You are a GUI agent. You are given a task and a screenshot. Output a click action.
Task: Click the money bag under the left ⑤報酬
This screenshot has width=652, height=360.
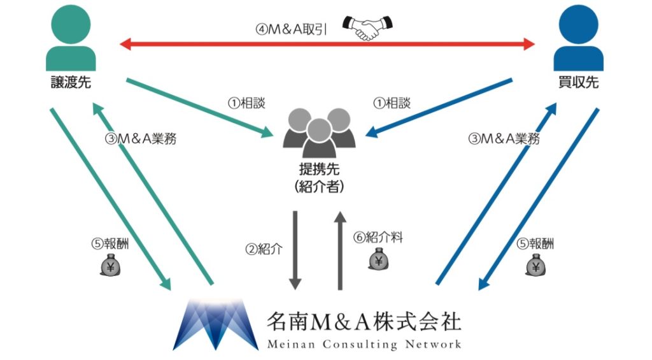click(110, 265)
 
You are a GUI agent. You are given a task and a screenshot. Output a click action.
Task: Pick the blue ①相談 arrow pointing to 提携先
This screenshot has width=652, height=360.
click(439, 108)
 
